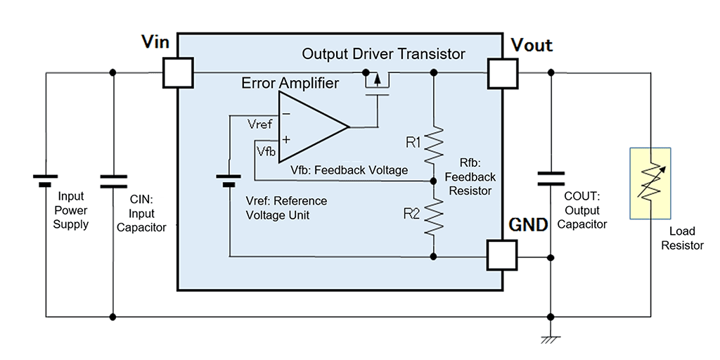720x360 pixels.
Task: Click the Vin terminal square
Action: pyautogui.click(x=178, y=72)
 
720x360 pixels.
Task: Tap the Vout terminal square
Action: pyautogui.click(x=503, y=72)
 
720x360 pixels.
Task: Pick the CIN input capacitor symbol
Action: pyautogui.click(x=112, y=181)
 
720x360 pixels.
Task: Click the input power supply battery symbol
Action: pyautogui.click(x=46, y=181)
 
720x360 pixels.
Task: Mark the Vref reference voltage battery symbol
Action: pyautogui.click(x=229, y=181)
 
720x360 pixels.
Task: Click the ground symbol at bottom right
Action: pyautogui.click(x=551, y=339)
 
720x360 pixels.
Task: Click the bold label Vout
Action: pyautogui.click(x=531, y=46)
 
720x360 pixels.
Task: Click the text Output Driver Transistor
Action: pyautogui.click(x=383, y=54)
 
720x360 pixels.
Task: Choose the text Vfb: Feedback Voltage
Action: pyautogui.click(x=349, y=170)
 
